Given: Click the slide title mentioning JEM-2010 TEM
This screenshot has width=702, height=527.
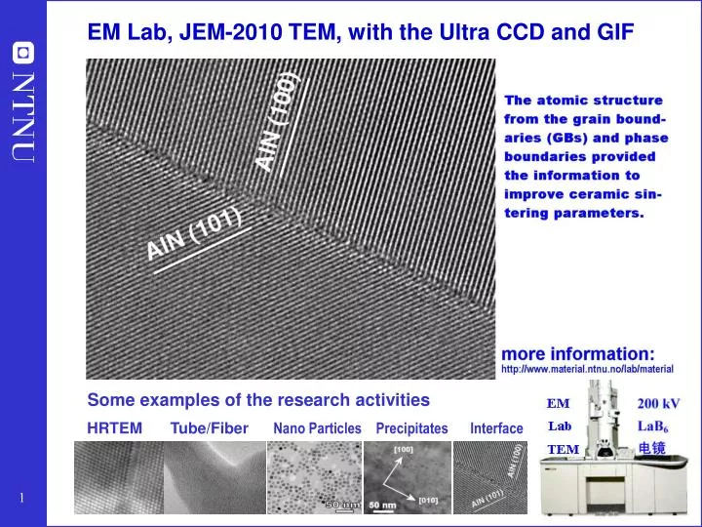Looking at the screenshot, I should click(360, 33).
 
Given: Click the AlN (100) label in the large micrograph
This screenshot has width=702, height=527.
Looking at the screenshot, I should click(278, 121).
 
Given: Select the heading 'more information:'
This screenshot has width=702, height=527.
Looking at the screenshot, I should click(577, 352).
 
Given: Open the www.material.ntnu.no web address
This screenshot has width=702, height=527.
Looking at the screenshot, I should click(587, 370).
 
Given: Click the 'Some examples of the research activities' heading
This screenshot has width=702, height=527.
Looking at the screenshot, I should click(258, 399).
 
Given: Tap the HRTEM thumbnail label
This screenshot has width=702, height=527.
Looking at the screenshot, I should click(114, 427).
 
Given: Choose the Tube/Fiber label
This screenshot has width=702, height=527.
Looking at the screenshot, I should click(209, 427).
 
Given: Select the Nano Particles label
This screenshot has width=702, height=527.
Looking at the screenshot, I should click(317, 428).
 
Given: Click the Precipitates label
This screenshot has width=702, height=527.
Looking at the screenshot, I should click(411, 428).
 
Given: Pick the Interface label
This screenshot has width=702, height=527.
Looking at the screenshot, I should click(496, 428).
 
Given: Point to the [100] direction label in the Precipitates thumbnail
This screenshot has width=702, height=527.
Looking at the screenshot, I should click(403, 450).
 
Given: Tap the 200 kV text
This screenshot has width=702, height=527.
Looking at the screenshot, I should click(658, 403).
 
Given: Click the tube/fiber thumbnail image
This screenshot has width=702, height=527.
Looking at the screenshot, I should click(214, 477).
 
